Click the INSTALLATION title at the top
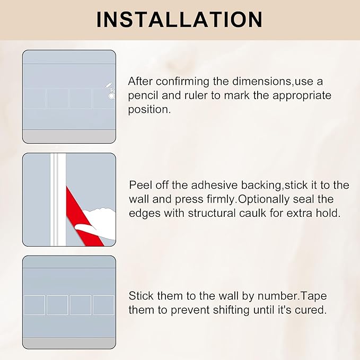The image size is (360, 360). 180,19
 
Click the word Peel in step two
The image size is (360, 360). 139,185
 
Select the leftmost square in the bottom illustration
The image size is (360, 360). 34,305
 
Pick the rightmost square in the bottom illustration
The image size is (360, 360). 104,305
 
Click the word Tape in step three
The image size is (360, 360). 300,296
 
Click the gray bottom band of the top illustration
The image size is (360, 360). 69,136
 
